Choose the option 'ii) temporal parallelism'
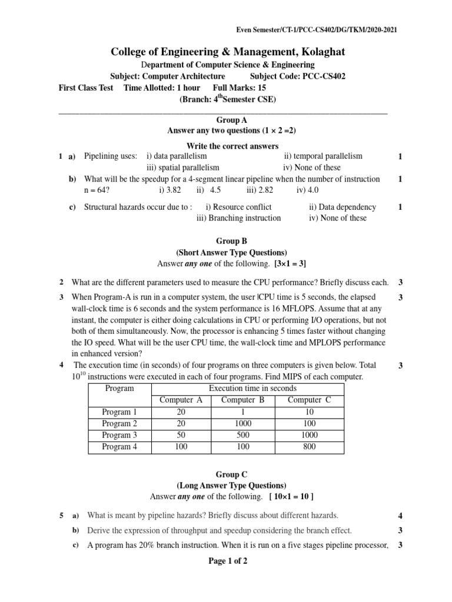coord(323,156)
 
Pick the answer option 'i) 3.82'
coord(169,190)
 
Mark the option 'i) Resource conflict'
coord(238,207)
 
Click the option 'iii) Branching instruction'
coord(238,218)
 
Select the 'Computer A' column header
coord(181,400)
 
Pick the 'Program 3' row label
coord(119,435)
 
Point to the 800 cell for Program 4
coord(309,447)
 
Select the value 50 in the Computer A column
coord(181,435)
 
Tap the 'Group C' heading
coord(228,474)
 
